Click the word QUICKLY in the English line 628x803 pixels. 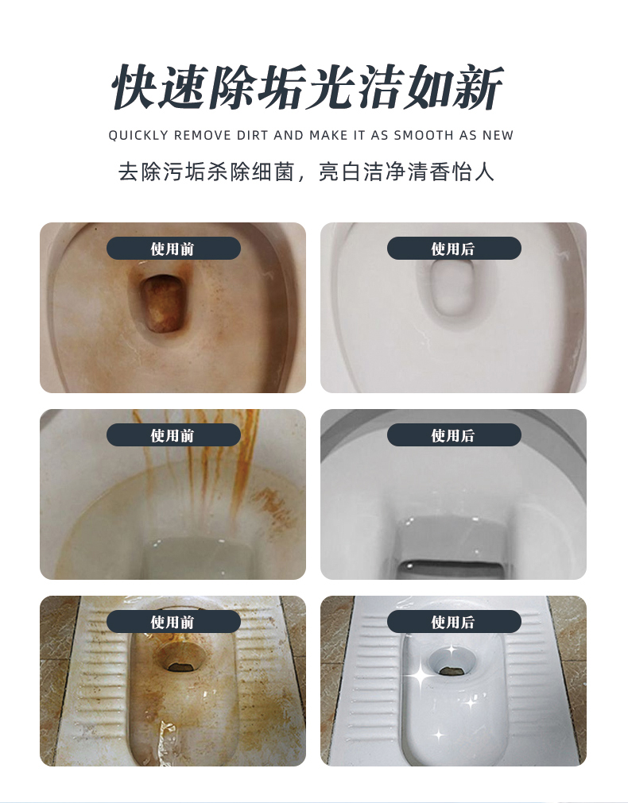pyautogui.click(x=138, y=135)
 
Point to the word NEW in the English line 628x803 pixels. pyautogui.click(x=498, y=135)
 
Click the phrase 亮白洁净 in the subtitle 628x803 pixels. pyautogui.click(x=358, y=172)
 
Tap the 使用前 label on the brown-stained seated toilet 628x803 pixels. pyautogui.click(x=173, y=249)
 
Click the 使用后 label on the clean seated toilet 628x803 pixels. pyautogui.click(x=453, y=249)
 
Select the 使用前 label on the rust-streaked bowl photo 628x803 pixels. pyautogui.click(x=173, y=435)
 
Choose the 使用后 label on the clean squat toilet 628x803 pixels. pyautogui.click(x=453, y=622)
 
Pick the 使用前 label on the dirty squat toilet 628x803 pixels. pyautogui.click(x=173, y=622)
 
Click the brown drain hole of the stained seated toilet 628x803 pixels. pyautogui.click(x=164, y=303)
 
